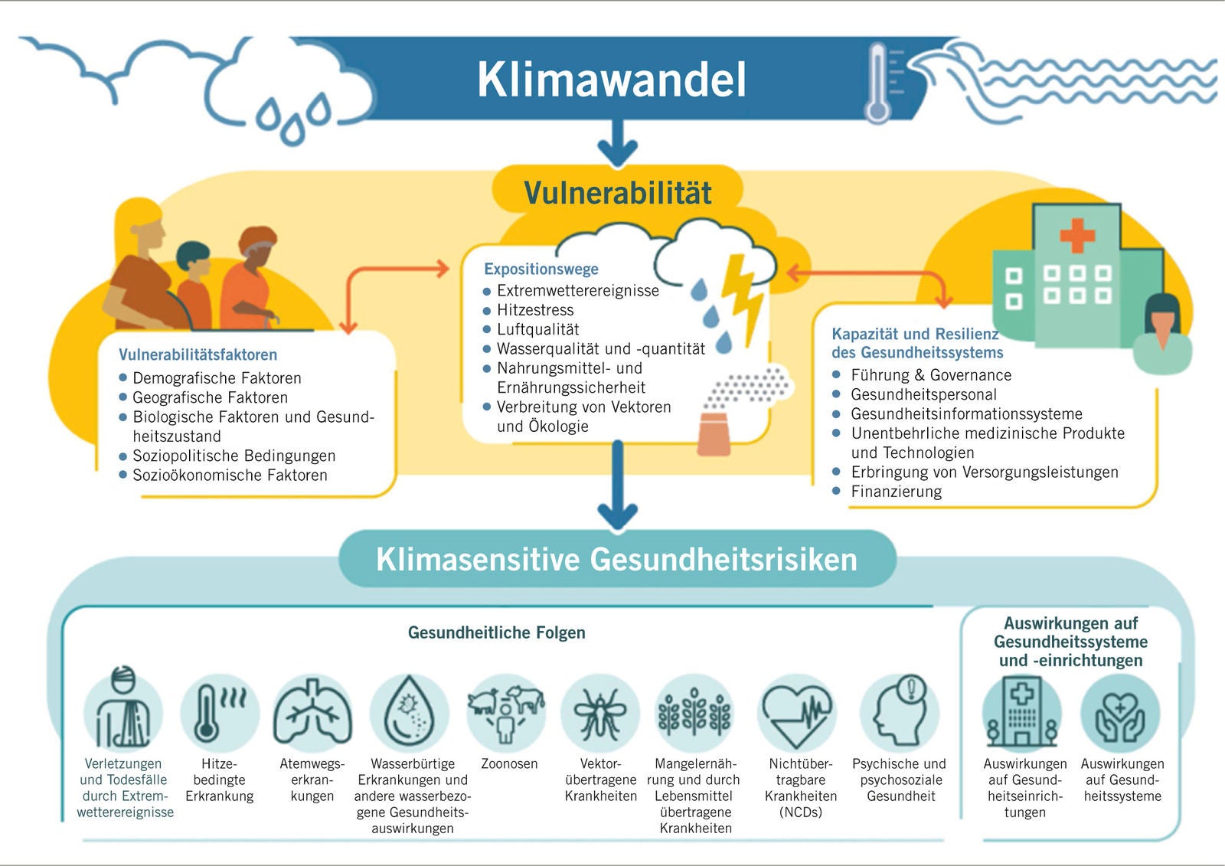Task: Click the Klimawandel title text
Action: (612, 80)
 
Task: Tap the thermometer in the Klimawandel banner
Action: (878, 83)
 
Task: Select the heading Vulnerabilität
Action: (617, 192)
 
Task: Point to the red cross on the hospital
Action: (1077, 235)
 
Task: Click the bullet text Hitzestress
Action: (535, 310)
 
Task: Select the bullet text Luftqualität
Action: (537, 329)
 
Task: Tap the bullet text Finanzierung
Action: (897, 492)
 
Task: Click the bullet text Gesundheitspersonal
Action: (923, 394)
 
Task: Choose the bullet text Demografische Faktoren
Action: (217, 378)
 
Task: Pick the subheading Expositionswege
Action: (541, 270)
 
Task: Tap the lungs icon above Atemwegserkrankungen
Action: (312, 712)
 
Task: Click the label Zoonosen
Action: (509, 763)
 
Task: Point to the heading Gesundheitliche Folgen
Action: (497, 632)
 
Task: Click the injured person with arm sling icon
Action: (123, 708)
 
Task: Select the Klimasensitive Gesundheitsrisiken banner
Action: (617, 559)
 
